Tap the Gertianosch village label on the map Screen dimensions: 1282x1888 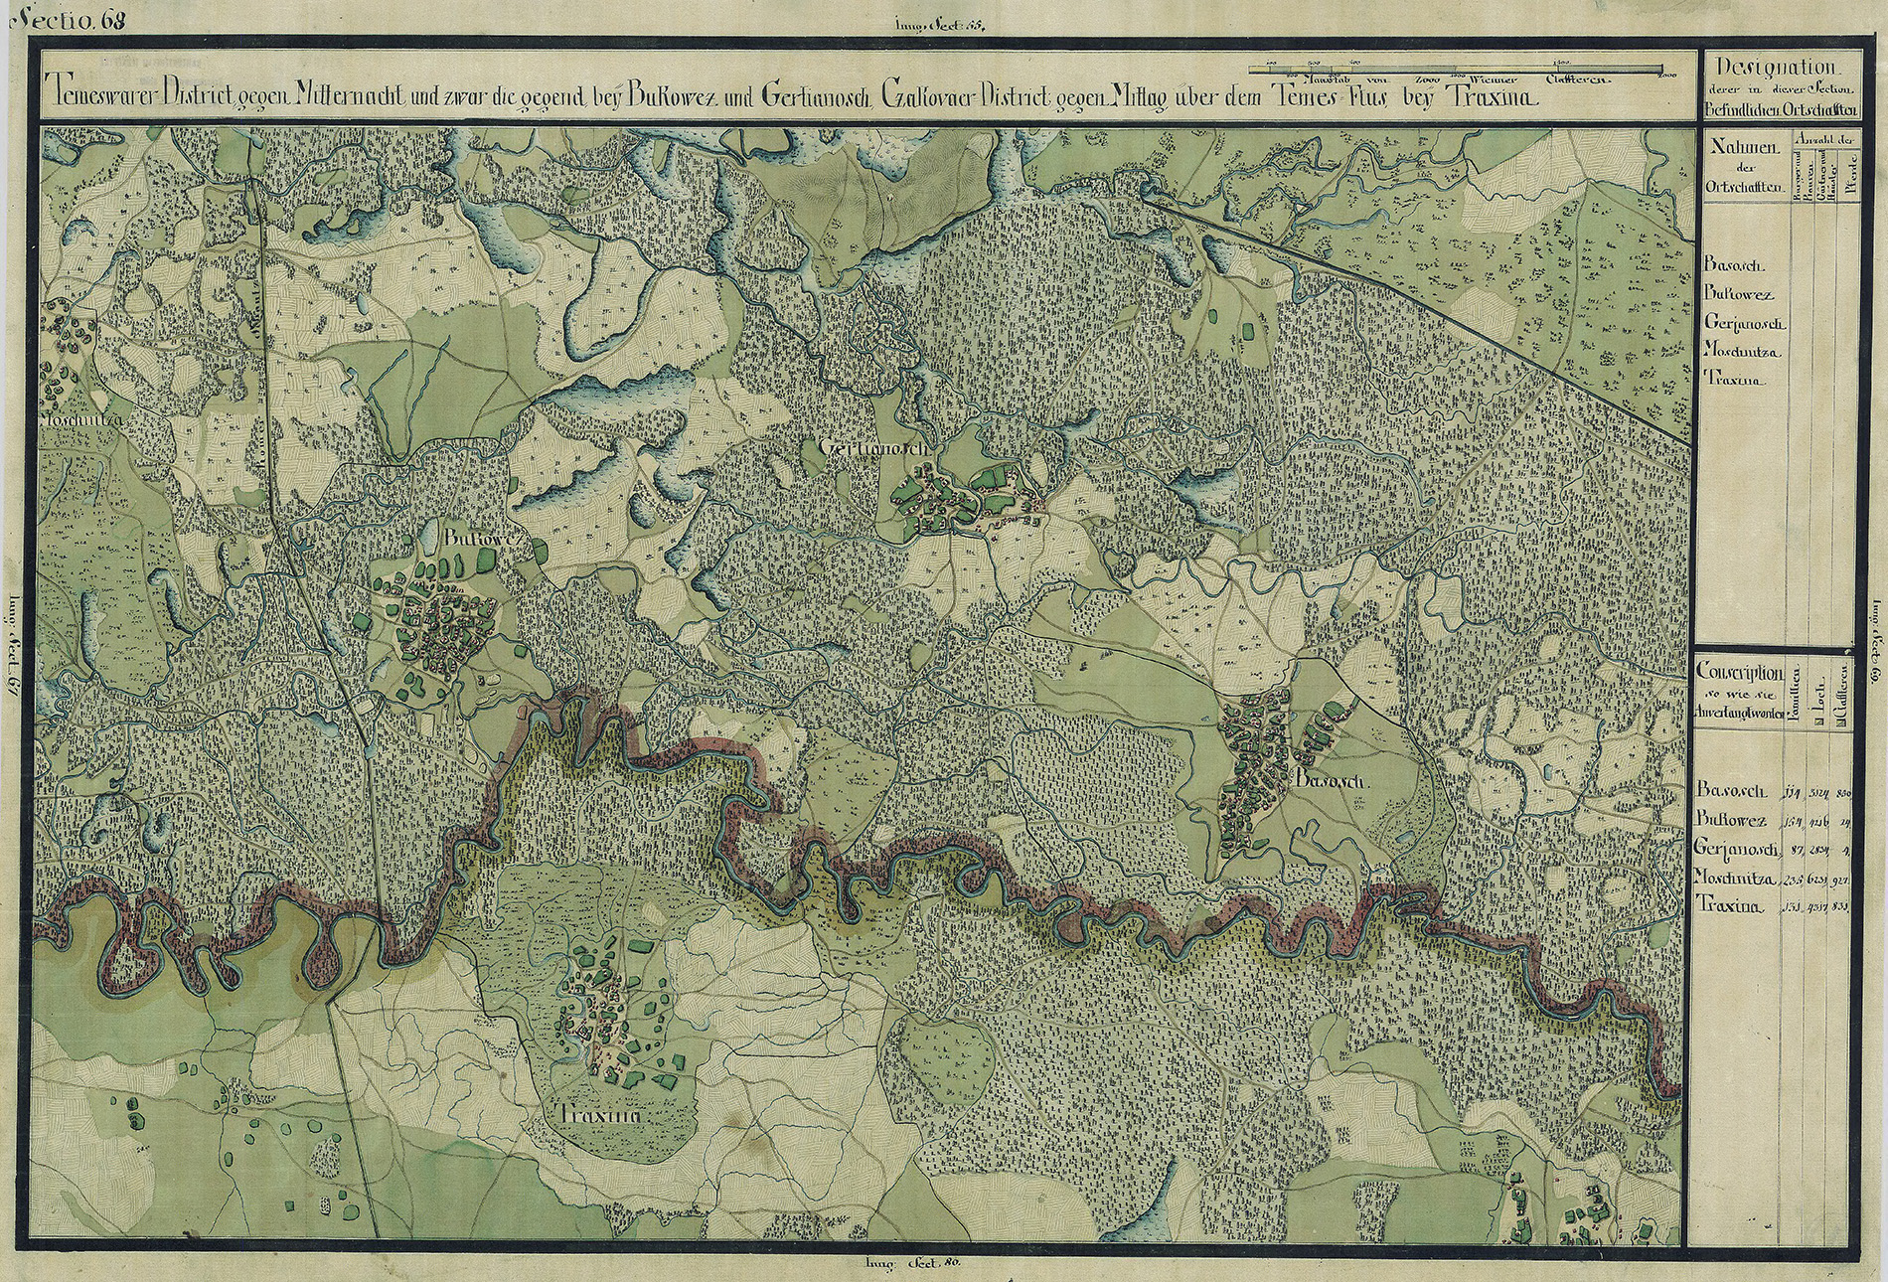pos(873,448)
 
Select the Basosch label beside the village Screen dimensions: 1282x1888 pos(1333,782)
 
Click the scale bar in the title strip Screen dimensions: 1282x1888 pos(1456,68)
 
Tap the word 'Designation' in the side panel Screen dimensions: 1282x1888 pos(1775,69)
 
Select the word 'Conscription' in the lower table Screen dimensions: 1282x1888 pos(1740,673)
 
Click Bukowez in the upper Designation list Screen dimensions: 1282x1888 pos(1746,294)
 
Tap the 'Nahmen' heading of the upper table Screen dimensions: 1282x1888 pos(1744,147)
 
